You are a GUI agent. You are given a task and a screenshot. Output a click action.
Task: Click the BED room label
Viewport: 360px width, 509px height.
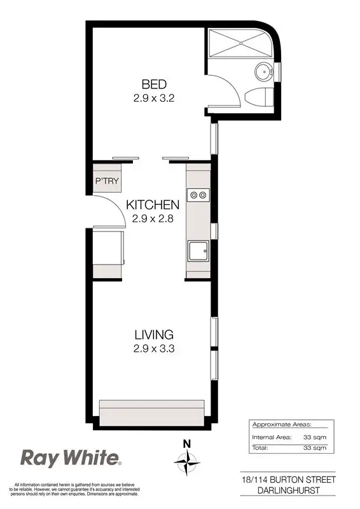pyautogui.click(x=153, y=84)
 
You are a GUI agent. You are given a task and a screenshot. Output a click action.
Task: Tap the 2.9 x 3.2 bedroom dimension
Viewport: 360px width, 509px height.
pyautogui.click(x=153, y=99)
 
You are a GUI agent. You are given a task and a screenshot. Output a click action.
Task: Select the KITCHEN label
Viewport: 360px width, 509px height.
pyautogui.click(x=153, y=205)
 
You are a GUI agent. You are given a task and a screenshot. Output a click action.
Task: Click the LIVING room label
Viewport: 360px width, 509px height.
pyautogui.click(x=154, y=334)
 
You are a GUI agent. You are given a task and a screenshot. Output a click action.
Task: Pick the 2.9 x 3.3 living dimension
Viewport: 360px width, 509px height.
pyautogui.click(x=154, y=348)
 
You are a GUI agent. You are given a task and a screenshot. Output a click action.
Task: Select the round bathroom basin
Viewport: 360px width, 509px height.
pyautogui.click(x=263, y=71)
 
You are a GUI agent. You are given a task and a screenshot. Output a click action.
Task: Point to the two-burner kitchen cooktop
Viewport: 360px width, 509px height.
pyautogui.click(x=197, y=195)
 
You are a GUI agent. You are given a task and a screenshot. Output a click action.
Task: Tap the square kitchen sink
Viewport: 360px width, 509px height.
pyautogui.click(x=197, y=252)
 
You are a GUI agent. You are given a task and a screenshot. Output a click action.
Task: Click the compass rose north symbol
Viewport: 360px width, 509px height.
pyautogui.click(x=186, y=459)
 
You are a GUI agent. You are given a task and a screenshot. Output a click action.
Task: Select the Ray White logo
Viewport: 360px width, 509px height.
pyautogui.click(x=70, y=458)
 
